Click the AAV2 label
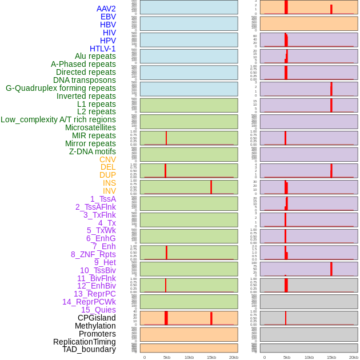click(106, 9)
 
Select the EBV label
click(108, 17)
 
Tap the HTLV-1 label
click(102, 49)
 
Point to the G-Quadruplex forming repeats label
click(61, 88)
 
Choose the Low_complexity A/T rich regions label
click(58, 119)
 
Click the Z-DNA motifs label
click(92, 151)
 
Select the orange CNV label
click(107, 159)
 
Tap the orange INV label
click(109, 191)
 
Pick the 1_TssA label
click(103, 199)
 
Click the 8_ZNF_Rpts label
click(93, 254)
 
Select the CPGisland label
click(97, 318)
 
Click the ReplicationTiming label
click(84, 342)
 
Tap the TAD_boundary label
click(89, 349)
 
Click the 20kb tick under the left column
click(234, 357)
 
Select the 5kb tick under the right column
click(287, 357)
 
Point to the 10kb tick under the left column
click(189, 357)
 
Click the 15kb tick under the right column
click(331, 357)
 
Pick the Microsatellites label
click(90, 127)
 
